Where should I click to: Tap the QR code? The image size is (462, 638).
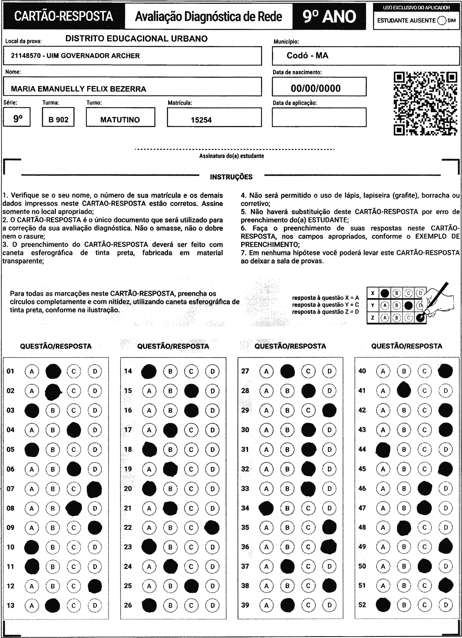click(x=425, y=104)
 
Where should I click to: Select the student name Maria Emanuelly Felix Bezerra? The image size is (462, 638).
click(x=79, y=89)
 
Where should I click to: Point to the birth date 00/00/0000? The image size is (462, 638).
click(x=315, y=88)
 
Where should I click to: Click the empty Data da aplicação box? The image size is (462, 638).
click(x=319, y=117)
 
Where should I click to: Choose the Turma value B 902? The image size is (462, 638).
click(x=58, y=120)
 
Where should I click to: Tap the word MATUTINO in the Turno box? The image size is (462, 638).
click(x=120, y=120)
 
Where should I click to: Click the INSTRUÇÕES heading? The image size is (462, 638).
click(x=231, y=177)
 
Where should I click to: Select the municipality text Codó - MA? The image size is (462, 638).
click(x=307, y=55)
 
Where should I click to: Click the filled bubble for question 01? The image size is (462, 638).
click(x=53, y=371)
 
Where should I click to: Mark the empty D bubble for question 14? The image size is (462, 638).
click(x=212, y=371)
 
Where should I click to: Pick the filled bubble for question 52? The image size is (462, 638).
click(x=383, y=605)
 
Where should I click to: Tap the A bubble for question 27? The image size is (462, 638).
click(x=266, y=371)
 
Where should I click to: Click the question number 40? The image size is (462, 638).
click(x=362, y=371)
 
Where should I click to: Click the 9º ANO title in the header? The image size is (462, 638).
click(x=329, y=16)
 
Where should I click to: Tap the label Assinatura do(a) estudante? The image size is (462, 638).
click(x=231, y=156)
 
